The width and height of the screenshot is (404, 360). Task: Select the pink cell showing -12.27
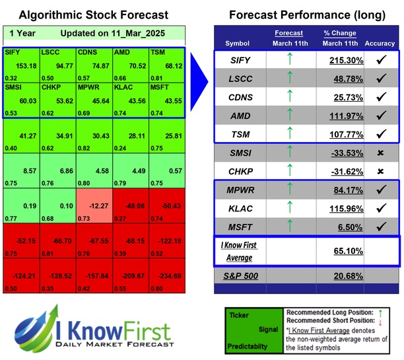click(x=94, y=204)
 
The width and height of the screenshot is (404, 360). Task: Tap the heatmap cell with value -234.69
click(x=167, y=277)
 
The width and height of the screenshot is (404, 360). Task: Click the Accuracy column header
click(x=379, y=44)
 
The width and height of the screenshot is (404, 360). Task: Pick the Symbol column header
click(x=238, y=44)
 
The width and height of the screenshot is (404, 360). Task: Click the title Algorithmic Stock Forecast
click(x=93, y=15)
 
